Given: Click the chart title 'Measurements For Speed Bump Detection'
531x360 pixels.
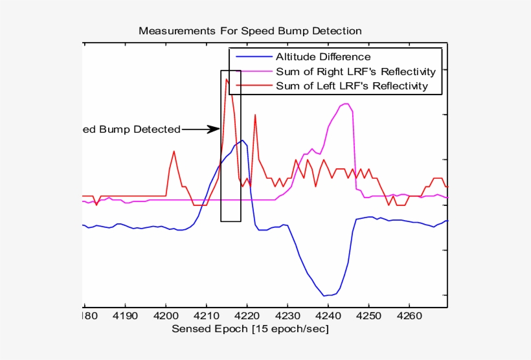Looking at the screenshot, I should pyautogui.click(x=250, y=31).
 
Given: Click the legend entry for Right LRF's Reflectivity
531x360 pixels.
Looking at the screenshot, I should pyautogui.click(x=356, y=71).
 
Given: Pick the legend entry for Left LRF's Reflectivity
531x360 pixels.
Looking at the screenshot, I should pyautogui.click(x=352, y=85).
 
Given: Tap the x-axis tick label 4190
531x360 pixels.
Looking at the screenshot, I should pyautogui.click(x=125, y=317).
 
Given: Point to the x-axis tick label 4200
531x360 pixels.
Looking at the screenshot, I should pyautogui.click(x=166, y=317).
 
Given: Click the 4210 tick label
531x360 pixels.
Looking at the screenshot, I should pyautogui.click(x=207, y=317).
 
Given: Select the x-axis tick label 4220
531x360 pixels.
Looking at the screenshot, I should pyautogui.click(x=247, y=317).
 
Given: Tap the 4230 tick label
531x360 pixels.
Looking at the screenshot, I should pyautogui.click(x=288, y=317).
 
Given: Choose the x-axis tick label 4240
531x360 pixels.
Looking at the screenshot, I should pyautogui.click(x=328, y=317).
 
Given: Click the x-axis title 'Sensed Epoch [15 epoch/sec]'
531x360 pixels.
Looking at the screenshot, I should pyautogui.click(x=250, y=329).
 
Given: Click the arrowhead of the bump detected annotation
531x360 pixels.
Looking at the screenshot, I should pyautogui.click(x=216, y=129).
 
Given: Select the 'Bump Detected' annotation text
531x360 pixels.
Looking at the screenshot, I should pyautogui.click(x=132, y=129).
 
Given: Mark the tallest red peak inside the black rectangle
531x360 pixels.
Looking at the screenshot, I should pyautogui.click(x=226, y=79).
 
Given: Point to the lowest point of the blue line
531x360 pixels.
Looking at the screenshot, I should pyautogui.click(x=324, y=296).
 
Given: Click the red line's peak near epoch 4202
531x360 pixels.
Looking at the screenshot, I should pyautogui.click(x=174, y=152).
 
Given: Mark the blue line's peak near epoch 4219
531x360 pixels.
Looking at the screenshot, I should pyautogui.click(x=242, y=140).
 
